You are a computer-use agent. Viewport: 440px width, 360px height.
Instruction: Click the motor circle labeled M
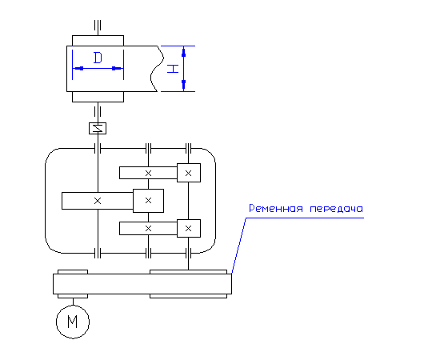pos(73,322)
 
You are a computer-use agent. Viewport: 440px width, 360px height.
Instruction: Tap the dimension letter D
pos(98,58)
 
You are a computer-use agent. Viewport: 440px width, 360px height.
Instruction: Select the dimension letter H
pos(173,69)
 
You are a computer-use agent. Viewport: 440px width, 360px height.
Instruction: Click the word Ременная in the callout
pos(276,209)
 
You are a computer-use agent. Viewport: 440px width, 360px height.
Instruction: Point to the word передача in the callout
pos(337,209)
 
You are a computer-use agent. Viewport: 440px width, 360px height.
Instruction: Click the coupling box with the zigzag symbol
pos(98,128)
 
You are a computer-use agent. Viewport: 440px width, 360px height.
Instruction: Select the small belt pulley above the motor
pos(73,284)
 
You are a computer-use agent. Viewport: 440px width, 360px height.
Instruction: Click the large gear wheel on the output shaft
pos(98,201)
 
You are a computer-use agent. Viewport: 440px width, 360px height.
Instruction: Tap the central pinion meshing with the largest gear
pos(148,201)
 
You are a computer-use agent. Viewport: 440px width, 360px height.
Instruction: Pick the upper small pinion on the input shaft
pos(189,173)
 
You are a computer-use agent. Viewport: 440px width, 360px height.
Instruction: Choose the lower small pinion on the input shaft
pos(189,229)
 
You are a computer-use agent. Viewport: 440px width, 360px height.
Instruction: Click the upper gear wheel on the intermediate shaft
pos(148,173)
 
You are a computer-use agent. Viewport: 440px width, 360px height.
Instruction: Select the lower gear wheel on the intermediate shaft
pos(148,229)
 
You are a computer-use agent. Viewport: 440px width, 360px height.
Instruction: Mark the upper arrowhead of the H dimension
pos(183,52)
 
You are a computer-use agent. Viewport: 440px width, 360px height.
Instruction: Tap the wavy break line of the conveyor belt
pos(157,69)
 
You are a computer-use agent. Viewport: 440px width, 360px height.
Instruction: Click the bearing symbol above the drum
pos(98,26)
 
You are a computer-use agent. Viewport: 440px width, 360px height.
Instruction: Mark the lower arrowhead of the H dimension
pos(183,86)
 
